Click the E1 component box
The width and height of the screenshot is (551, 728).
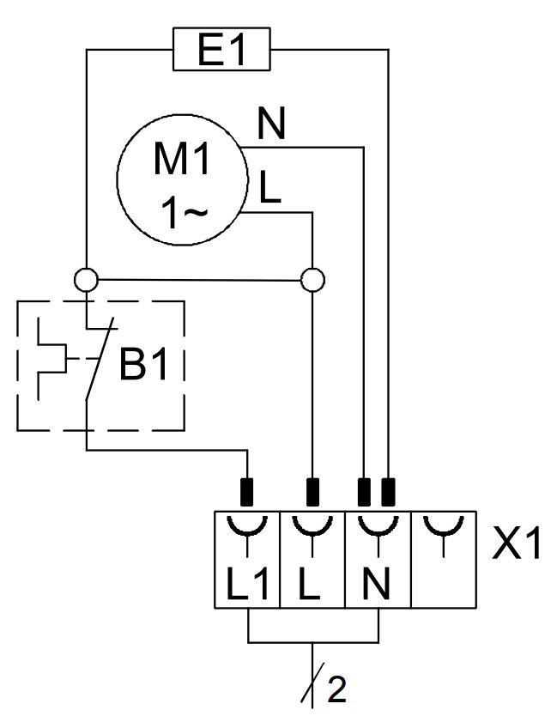point(221,51)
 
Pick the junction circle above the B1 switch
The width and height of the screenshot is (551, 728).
point(86,279)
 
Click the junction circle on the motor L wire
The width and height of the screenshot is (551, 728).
point(312,279)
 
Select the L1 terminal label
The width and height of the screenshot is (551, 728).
point(247,587)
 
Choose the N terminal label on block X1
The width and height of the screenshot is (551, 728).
point(377,587)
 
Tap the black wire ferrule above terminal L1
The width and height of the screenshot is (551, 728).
point(247,492)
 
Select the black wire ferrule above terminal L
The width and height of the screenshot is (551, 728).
point(312,492)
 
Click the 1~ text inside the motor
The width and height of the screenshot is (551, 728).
point(183,214)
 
